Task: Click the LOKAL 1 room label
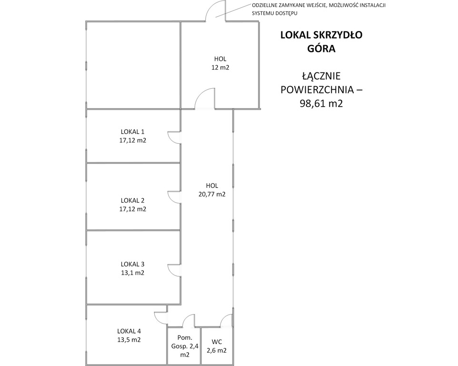(x=133, y=132)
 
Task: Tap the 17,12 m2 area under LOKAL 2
(x=133, y=209)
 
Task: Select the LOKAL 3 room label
(x=133, y=264)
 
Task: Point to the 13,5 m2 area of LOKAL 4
(x=129, y=340)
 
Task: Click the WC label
(x=217, y=342)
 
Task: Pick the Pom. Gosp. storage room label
(x=185, y=346)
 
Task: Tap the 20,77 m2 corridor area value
(x=212, y=194)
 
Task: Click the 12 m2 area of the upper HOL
(x=220, y=68)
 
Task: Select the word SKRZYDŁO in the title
(x=338, y=35)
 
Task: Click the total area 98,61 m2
(x=321, y=103)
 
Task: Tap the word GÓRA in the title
(x=321, y=48)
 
